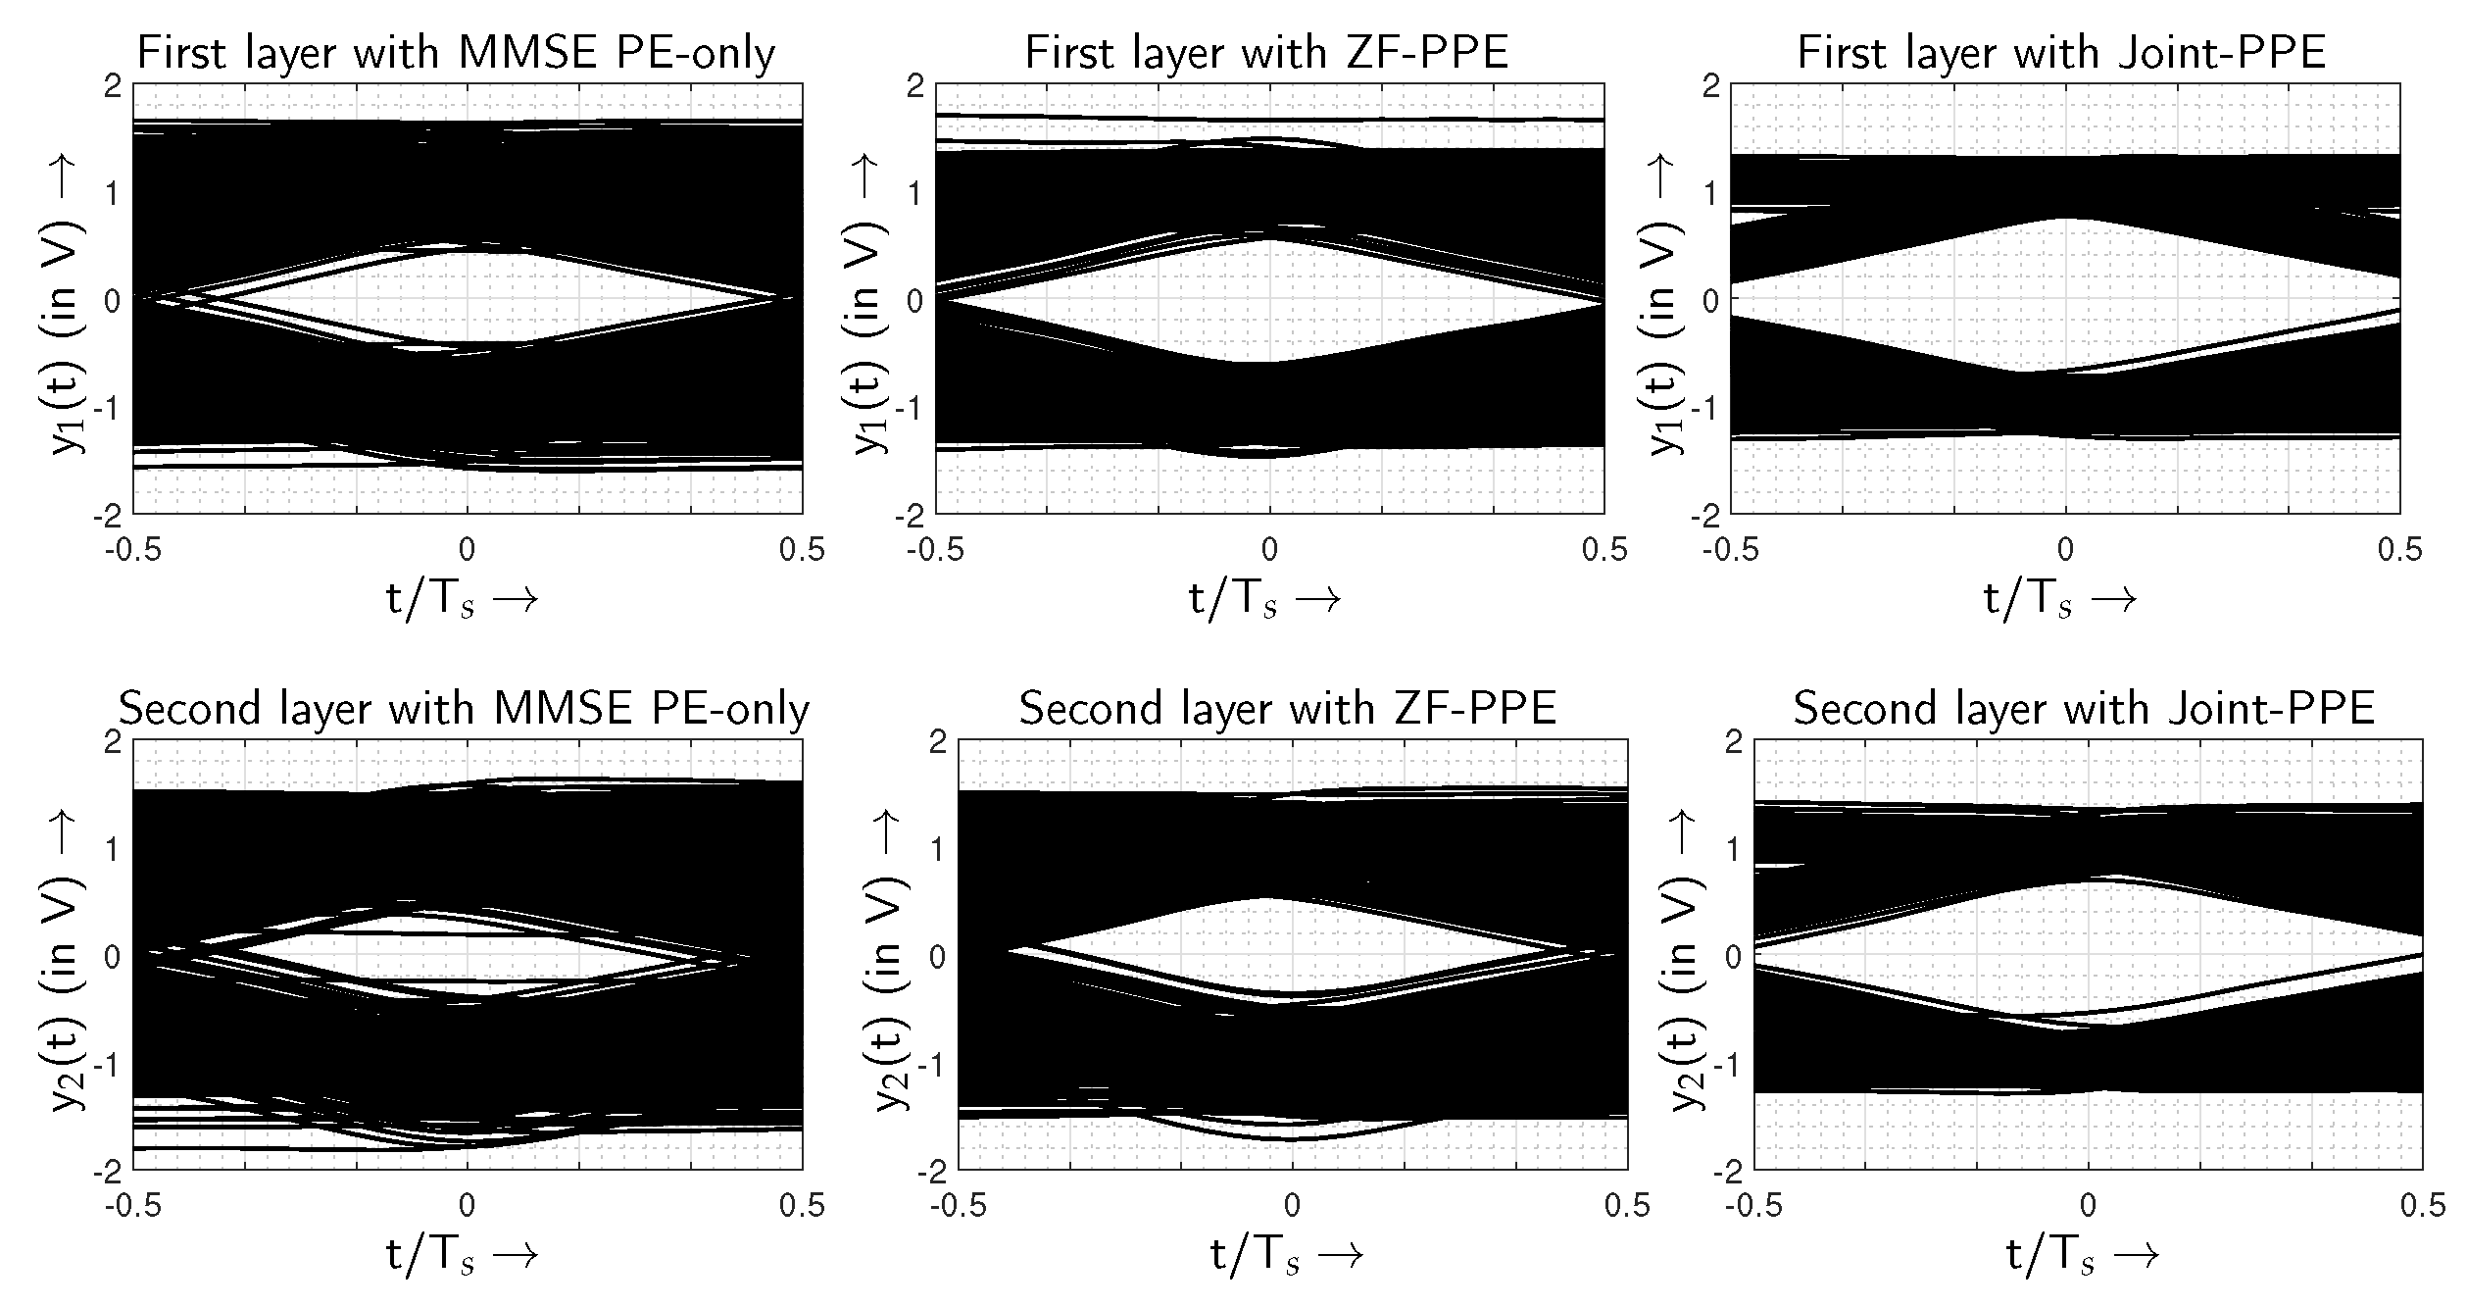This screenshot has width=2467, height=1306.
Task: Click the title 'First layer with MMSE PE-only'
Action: (456, 53)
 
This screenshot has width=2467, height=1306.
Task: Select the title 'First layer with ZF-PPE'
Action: (1266, 53)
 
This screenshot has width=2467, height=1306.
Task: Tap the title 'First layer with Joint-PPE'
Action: (2061, 53)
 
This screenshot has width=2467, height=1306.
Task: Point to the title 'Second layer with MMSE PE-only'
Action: (464, 708)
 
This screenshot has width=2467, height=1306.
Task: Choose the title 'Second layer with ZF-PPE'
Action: (1288, 708)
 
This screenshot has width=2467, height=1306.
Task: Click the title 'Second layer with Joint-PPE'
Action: (2085, 708)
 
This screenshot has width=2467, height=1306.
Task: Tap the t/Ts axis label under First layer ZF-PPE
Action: (1264, 599)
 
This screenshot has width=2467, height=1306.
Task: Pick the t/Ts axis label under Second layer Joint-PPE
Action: (2083, 1255)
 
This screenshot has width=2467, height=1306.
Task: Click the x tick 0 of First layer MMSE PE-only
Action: (468, 550)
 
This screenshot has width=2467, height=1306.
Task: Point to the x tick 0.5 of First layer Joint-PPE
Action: (2399, 550)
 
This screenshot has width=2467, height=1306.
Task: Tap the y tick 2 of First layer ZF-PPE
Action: (915, 86)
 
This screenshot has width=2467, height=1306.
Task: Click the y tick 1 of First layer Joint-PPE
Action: (1710, 193)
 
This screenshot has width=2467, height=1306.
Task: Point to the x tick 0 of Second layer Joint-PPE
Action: (2088, 1205)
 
